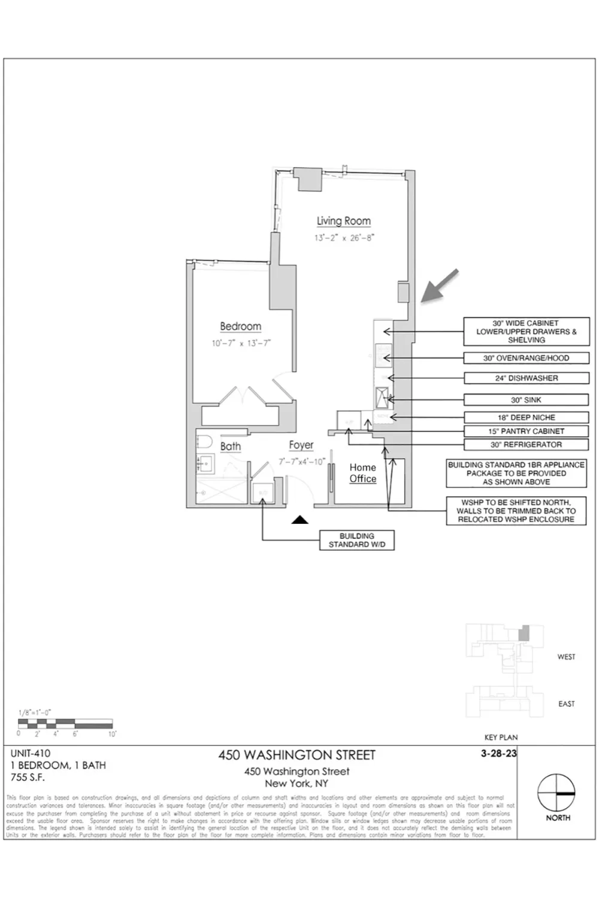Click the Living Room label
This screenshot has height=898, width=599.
(x=344, y=221)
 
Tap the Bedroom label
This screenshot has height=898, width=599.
(x=241, y=326)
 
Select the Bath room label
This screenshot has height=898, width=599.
(x=231, y=446)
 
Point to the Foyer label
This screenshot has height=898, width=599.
(x=301, y=445)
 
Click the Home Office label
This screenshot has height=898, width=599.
(x=363, y=473)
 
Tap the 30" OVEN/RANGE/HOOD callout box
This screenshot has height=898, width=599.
(x=526, y=358)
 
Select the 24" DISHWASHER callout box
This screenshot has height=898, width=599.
(x=526, y=378)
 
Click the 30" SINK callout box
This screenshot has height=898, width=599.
(x=526, y=400)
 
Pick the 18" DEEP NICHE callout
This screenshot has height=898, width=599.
(x=526, y=417)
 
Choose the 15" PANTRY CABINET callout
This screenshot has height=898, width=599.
(x=526, y=431)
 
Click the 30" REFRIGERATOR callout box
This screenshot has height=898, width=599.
(x=526, y=445)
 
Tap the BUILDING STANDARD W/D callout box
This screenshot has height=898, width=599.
(x=357, y=540)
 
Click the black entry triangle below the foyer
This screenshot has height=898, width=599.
(x=300, y=520)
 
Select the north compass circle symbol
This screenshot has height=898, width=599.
(x=556, y=793)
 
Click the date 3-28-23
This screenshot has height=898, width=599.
(x=498, y=754)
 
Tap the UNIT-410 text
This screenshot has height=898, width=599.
(x=31, y=754)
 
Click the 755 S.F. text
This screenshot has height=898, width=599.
(x=28, y=778)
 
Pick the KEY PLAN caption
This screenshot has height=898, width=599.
(x=501, y=738)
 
